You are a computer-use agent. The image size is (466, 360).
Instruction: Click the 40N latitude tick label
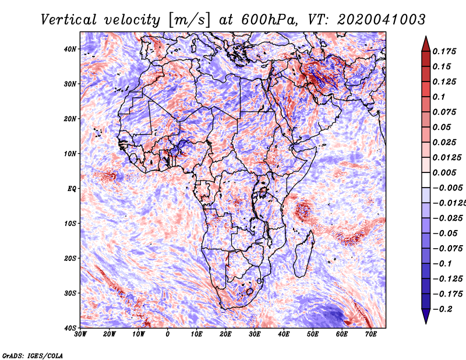click(x=69, y=49)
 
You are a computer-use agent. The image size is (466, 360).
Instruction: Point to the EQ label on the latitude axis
click(x=71, y=188)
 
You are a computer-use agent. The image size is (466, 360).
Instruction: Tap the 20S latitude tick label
click(x=69, y=258)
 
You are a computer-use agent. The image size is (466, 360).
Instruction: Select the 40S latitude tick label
click(x=69, y=327)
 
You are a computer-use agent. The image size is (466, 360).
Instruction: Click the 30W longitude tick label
click(x=80, y=334)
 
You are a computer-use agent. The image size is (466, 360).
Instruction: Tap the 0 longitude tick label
click(x=168, y=334)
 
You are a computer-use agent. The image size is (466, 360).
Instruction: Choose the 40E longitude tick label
click(x=284, y=334)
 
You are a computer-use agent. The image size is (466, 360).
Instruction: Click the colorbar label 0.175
click(x=443, y=51)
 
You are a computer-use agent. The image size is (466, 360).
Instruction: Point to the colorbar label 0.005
click(x=443, y=172)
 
